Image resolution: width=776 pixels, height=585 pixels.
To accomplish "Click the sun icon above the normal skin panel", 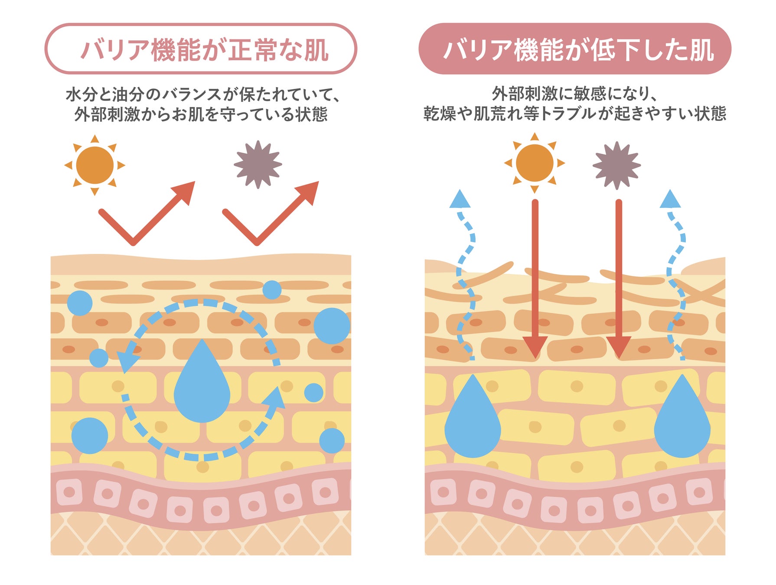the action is [95, 165].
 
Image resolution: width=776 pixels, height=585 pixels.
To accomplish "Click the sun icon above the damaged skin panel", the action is [535, 163].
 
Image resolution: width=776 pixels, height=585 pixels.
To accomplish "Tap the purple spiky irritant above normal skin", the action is [258, 164].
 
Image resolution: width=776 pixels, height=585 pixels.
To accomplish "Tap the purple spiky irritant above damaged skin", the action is [616, 165].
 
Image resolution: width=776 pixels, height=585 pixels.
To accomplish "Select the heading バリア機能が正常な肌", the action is [201, 49].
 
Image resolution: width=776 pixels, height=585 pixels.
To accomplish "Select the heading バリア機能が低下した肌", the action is [575, 49].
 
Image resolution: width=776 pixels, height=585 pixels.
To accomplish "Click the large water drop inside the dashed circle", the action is [202, 386].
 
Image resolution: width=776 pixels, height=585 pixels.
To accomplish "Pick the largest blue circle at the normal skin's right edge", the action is [332, 326].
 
